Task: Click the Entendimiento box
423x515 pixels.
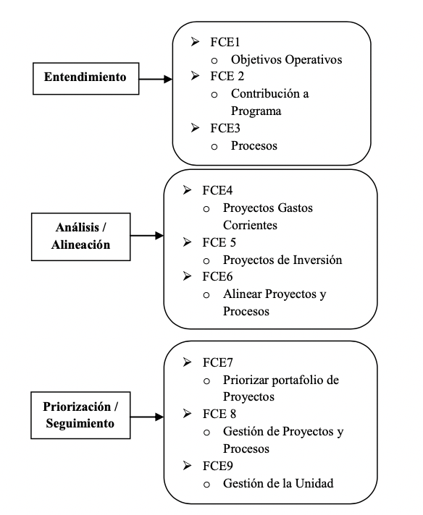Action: tap(85, 77)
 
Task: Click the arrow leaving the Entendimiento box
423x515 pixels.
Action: tap(155, 78)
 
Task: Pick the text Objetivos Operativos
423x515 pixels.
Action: tap(286, 60)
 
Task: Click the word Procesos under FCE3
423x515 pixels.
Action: tap(254, 146)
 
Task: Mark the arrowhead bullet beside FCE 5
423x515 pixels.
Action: tap(188, 242)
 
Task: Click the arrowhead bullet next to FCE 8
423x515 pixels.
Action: tap(188, 414)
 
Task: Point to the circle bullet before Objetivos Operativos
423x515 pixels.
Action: tap(214, 61)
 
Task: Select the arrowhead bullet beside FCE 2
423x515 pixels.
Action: tap(193, 77)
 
